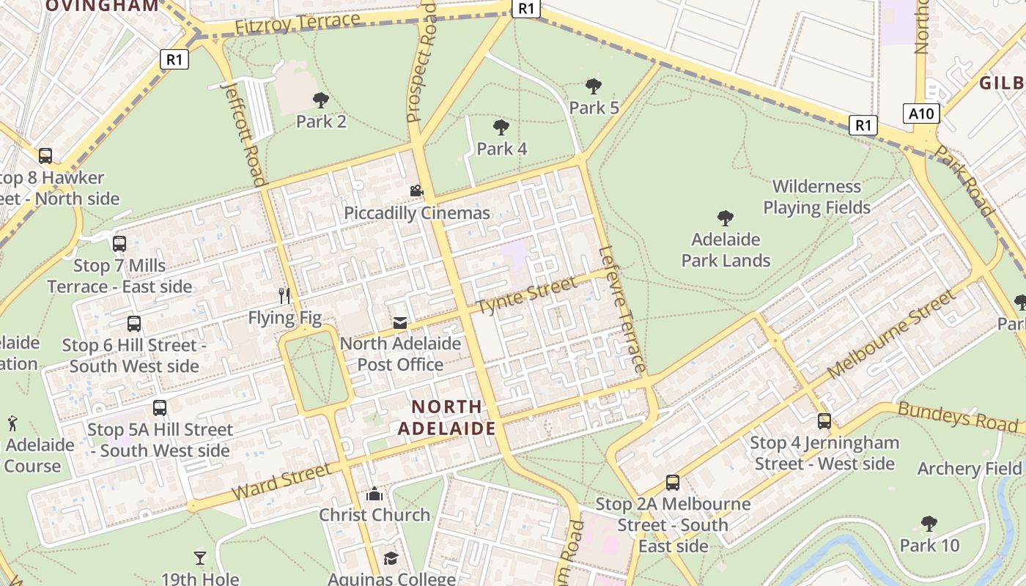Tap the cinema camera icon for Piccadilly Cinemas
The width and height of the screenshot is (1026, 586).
coord(416,191)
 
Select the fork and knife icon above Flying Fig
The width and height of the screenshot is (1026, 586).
coord(285,296)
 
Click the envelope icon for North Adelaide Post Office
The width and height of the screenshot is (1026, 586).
coord(400,322)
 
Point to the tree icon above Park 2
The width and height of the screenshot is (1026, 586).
coord(321,100)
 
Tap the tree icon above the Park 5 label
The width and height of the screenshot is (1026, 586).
coord(594,86)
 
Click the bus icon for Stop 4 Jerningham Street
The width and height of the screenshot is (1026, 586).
coord(824,421)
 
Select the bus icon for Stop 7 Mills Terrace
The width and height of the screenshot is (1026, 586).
coord(119,244)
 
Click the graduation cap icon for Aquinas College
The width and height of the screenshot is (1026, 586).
coord(391,559)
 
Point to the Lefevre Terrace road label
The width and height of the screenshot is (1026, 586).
coord(621,308)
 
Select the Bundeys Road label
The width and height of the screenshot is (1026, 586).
coord(958,417)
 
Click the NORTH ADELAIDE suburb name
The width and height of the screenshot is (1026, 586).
coord(447,418)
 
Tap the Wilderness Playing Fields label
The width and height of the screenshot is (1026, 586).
coord(816,197)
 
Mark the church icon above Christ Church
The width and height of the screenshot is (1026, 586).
coord(374,494)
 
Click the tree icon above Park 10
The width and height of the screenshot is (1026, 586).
coord(929,524)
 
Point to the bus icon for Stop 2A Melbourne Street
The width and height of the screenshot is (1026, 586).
coord(673,483)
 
